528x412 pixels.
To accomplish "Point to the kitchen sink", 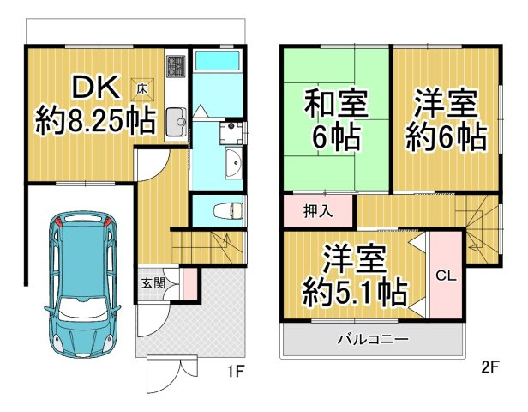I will point(175,120).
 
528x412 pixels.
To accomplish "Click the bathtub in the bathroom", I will point(218,63).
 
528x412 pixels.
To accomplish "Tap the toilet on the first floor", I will point(227,209).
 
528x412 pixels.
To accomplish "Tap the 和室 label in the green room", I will point(336,105).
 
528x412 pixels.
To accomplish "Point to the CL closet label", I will point(444,276).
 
